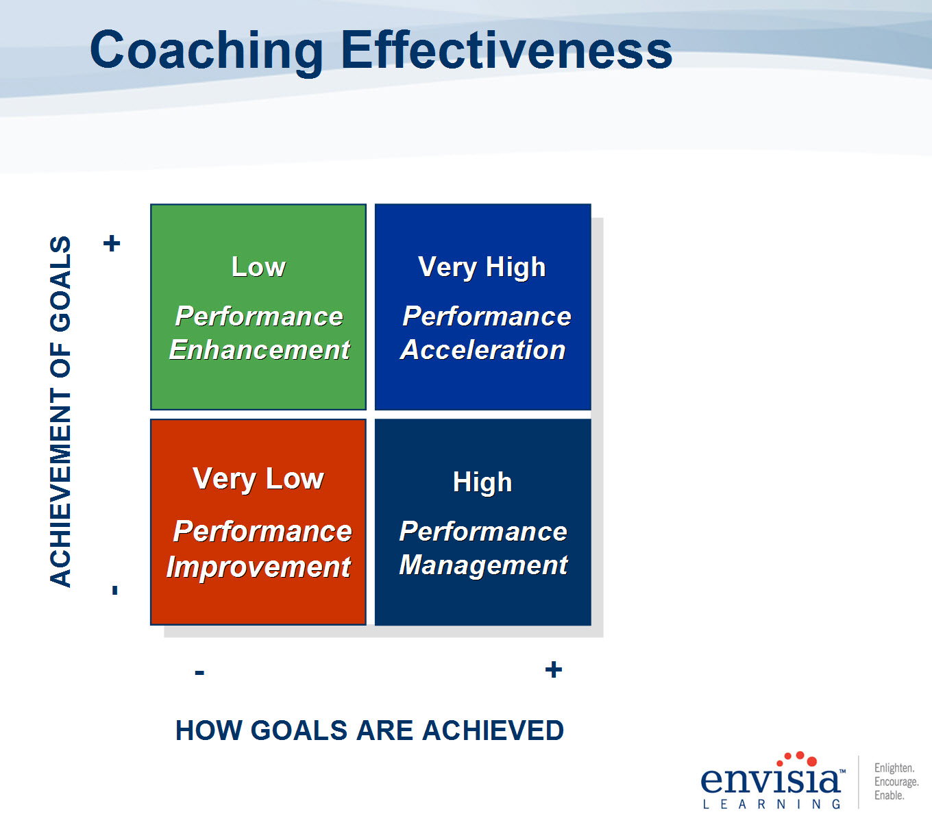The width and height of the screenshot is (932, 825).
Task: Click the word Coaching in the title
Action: click(x=206, y=51)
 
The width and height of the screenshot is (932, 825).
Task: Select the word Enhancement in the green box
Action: click(x=260, y=350)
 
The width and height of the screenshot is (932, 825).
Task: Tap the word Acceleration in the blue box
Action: click(x=483, y=350)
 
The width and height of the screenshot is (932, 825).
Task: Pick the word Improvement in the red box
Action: click(x=258, y=567)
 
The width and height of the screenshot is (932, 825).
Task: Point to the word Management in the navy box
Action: click(x=484, y=565)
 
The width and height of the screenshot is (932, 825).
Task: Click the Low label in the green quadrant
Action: click(x=258, y=267)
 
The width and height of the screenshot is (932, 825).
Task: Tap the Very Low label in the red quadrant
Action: click(x=258, y=480)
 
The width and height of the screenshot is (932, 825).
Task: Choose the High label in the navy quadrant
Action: click(x=482, y=483)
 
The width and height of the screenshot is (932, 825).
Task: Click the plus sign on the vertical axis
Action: click(x=112, y=243)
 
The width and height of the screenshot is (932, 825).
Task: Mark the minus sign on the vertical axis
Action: click(x=115, y=590)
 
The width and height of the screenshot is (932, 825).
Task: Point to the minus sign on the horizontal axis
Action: click(x=199, y=672)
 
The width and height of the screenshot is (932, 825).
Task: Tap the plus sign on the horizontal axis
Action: click(x=554, y=669)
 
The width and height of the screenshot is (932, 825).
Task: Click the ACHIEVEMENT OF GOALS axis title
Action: click(x=60, y=411)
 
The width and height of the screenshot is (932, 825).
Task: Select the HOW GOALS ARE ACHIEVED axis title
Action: click(x=370, y=730)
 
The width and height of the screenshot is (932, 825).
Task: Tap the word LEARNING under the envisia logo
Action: click(x=772, y=804)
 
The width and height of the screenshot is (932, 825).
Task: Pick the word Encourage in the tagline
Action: click(x=896, y=781)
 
